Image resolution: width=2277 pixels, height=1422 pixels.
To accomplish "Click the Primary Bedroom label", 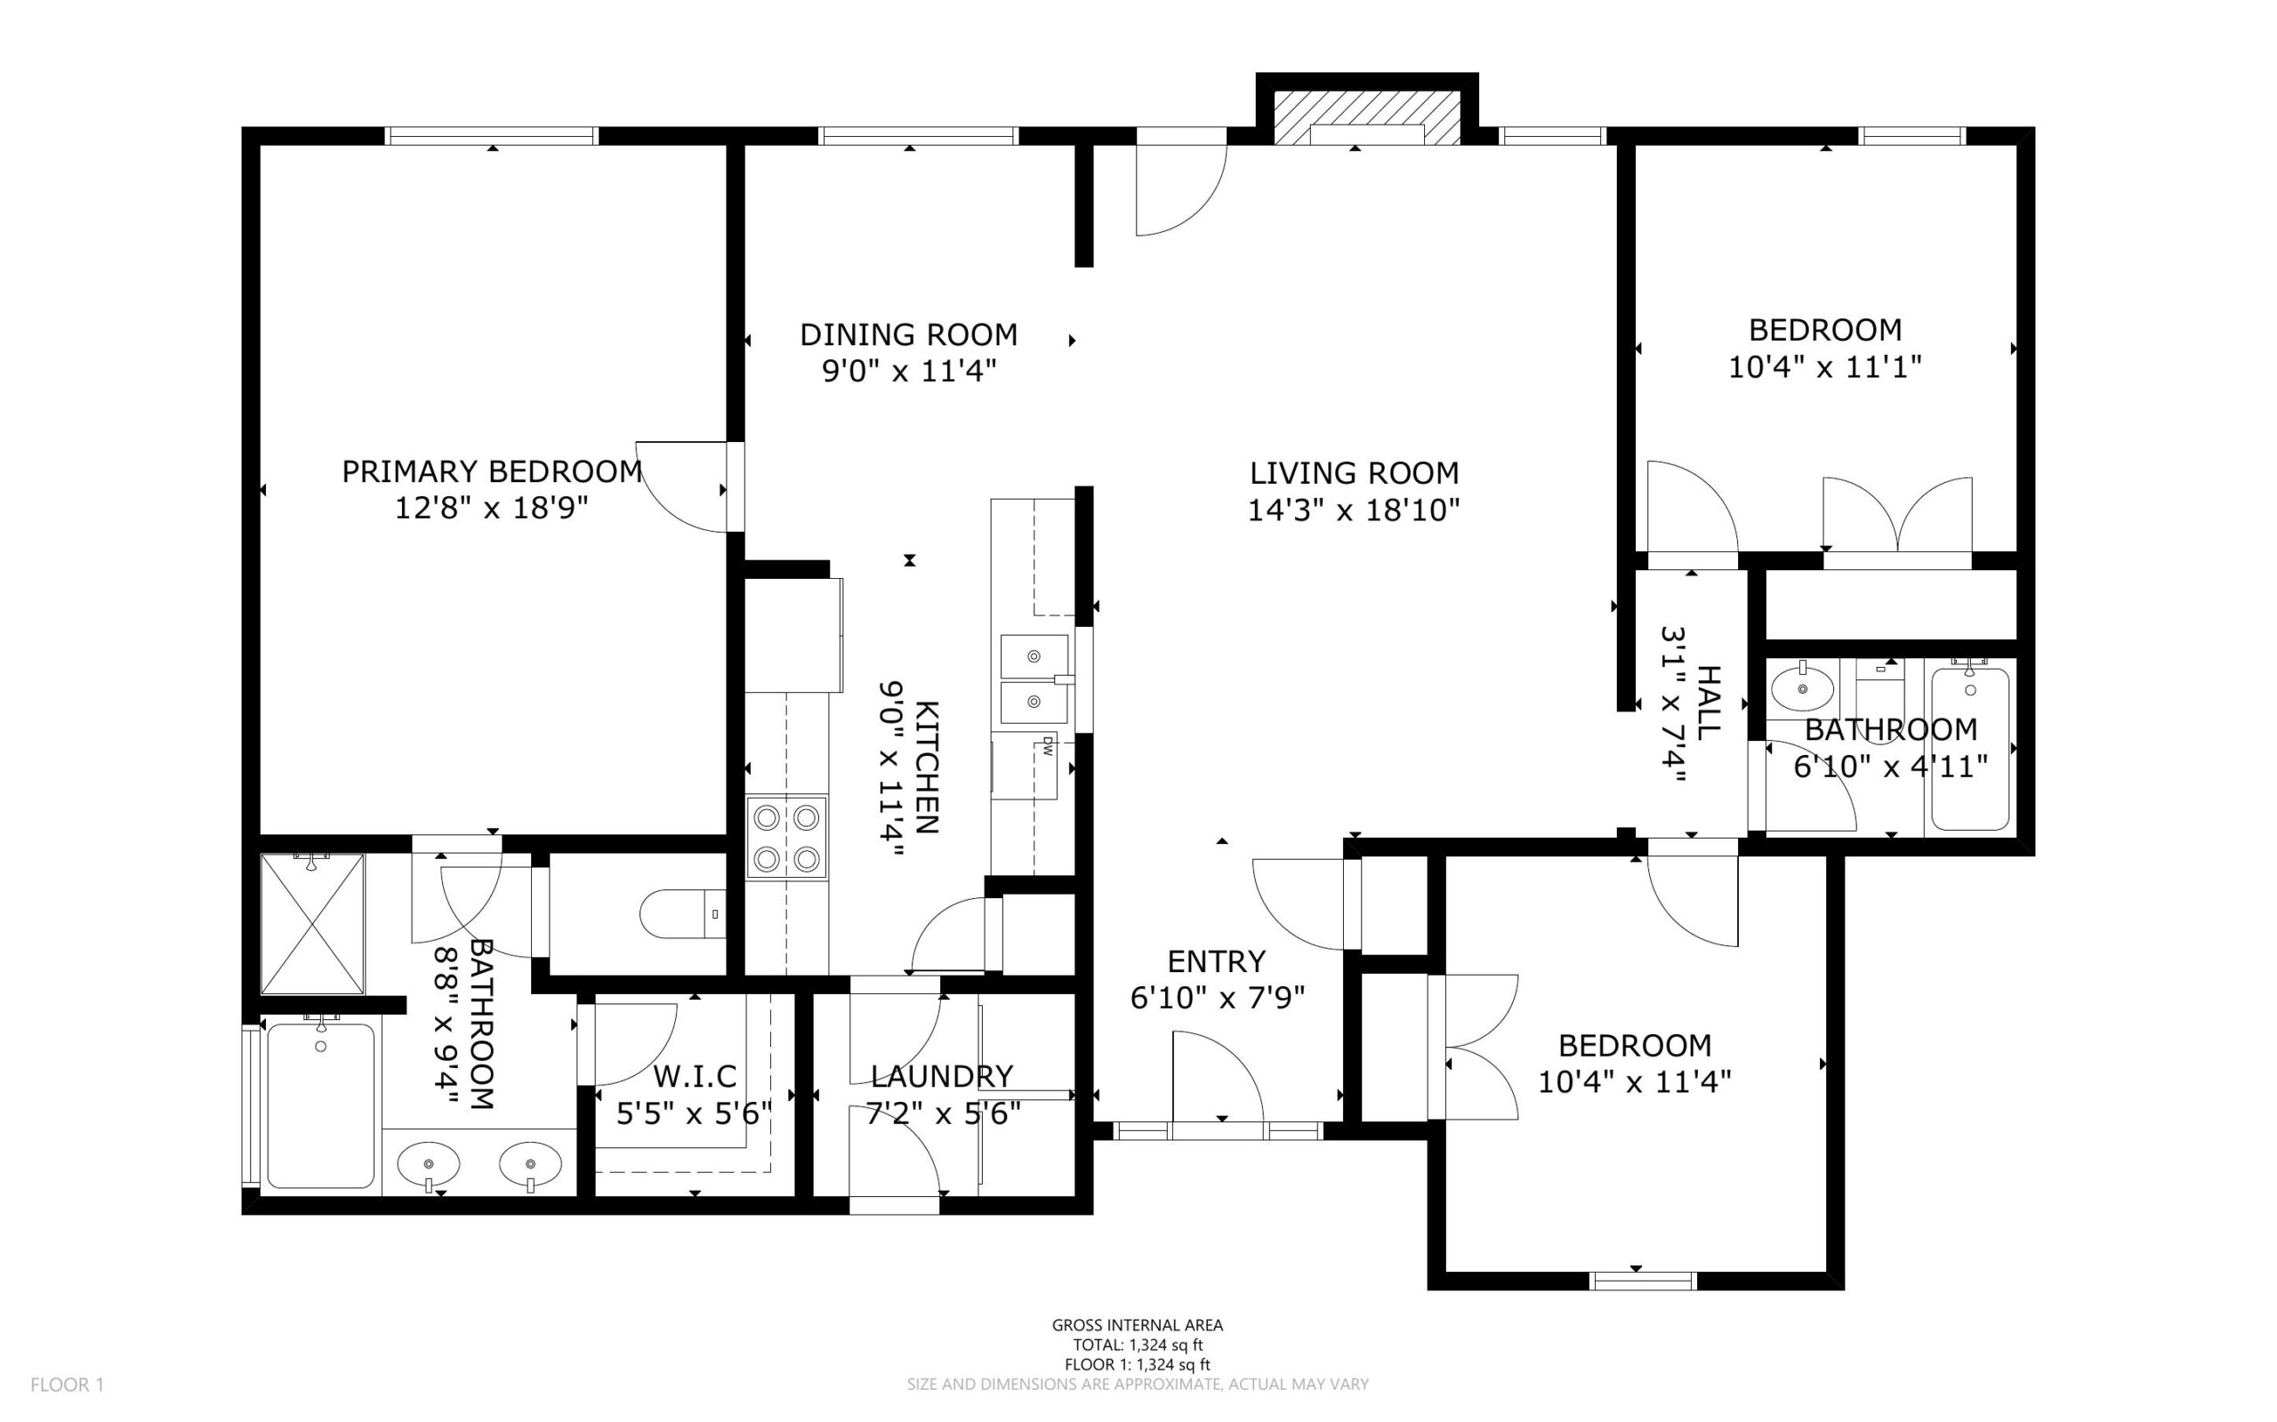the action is pos(492,472).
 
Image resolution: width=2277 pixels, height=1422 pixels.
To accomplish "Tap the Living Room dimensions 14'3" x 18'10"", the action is pos(1354,510).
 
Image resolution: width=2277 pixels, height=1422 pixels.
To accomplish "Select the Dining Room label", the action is pos(908,334).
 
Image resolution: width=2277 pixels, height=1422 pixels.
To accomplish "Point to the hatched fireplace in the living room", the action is pos(1366,117).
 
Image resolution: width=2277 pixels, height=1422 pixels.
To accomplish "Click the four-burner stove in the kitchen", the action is pos(787,838).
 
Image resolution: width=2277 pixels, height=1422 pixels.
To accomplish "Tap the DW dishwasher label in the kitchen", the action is pos(1048,747).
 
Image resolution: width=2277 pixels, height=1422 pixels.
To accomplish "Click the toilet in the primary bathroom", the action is pos(682,913).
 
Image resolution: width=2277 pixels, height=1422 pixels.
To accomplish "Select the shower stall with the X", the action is pos(312,924).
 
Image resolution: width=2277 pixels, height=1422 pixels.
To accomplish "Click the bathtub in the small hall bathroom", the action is pos(1970,748).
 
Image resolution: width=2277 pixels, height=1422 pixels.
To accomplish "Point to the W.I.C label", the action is pos(694,1075).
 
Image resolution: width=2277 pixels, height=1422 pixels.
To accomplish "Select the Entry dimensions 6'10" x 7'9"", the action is pos(1217,998).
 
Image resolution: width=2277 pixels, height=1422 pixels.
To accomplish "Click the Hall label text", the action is pos(1708,703).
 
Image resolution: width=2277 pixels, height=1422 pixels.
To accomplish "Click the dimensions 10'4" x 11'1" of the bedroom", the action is pos(1824,366).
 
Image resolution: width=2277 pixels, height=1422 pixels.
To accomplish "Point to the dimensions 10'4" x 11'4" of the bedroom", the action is pos(1635,1082).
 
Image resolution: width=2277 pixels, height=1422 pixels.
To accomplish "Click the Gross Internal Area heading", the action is pos(1137,1326).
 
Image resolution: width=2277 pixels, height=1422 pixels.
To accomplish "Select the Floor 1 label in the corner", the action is pos(68,1386).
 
